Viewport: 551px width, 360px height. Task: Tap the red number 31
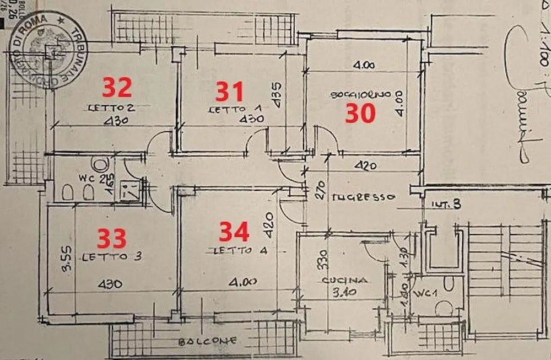pos(229,91)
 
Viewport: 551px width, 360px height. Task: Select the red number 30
pos(360,113)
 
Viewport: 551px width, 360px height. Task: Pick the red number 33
pos(112,238)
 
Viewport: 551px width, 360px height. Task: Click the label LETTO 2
pos(112,108)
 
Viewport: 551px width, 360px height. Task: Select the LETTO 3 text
pos(108,257)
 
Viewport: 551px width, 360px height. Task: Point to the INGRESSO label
pos(364,196)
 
